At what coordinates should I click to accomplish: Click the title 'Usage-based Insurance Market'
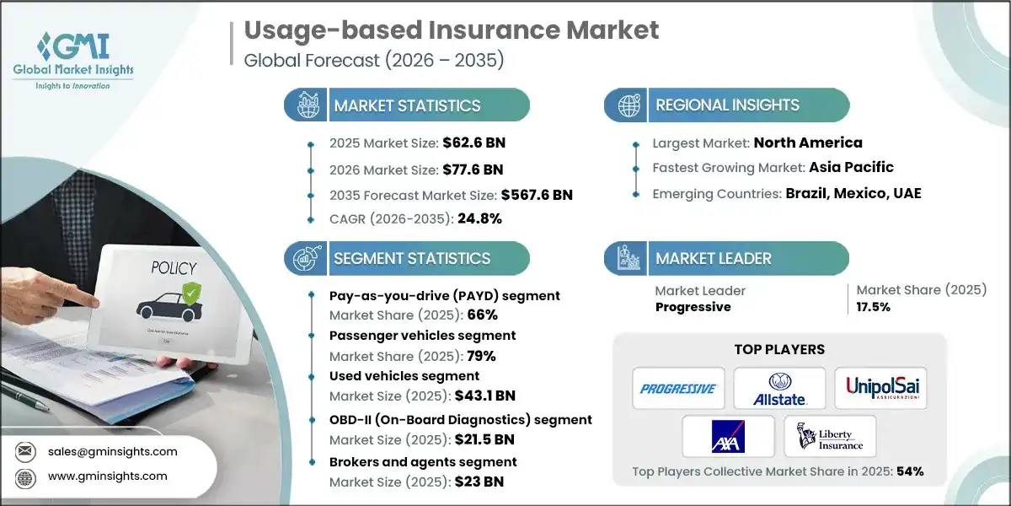(x=452, y=30)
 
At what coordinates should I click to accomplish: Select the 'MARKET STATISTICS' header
(x=407, y=105)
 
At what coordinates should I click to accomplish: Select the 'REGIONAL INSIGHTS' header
(x=727, y=105)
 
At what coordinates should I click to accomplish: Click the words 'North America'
(x=808, y=143)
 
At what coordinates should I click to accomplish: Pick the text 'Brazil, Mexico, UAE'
(x=854, y=193)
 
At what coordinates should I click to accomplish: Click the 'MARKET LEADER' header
(x=713, y=258)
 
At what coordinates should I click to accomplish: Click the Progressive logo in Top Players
(x=677, y=389)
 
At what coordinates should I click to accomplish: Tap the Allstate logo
(x=779, y=389)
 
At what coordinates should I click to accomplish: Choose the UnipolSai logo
(x=880, y=389)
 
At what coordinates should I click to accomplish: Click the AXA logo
(x=728, y=436)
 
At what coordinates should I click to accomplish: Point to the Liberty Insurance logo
(x=830, y=436)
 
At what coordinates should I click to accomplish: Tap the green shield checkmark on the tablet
(x=192, y=293)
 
